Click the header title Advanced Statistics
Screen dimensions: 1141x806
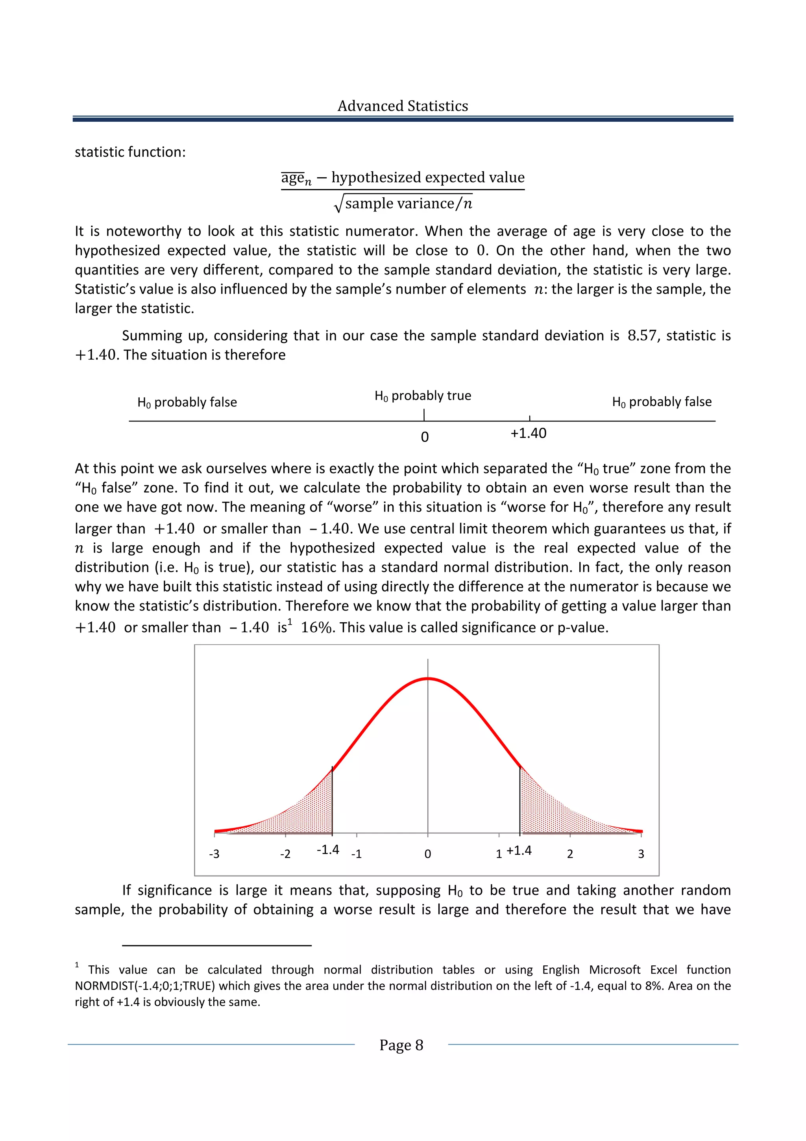point(402,106)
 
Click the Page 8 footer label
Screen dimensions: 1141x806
point(401,1045)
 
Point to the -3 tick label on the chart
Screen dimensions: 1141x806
point(214,854)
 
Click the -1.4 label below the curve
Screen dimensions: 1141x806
point(328,850)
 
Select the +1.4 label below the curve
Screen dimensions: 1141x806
point(519,850)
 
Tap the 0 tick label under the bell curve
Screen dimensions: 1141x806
point(427,854)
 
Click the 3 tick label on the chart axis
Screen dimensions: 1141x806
point(641,854)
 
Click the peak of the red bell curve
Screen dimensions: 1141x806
point(427,678)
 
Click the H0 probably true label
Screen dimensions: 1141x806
point(423,395)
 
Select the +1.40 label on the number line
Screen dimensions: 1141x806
point(529,433)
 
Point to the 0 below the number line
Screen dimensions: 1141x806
point(425,437)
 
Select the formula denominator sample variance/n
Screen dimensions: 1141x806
point(408,203)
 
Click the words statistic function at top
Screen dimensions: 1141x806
point(130,152)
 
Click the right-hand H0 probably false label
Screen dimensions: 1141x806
point(662,402)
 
